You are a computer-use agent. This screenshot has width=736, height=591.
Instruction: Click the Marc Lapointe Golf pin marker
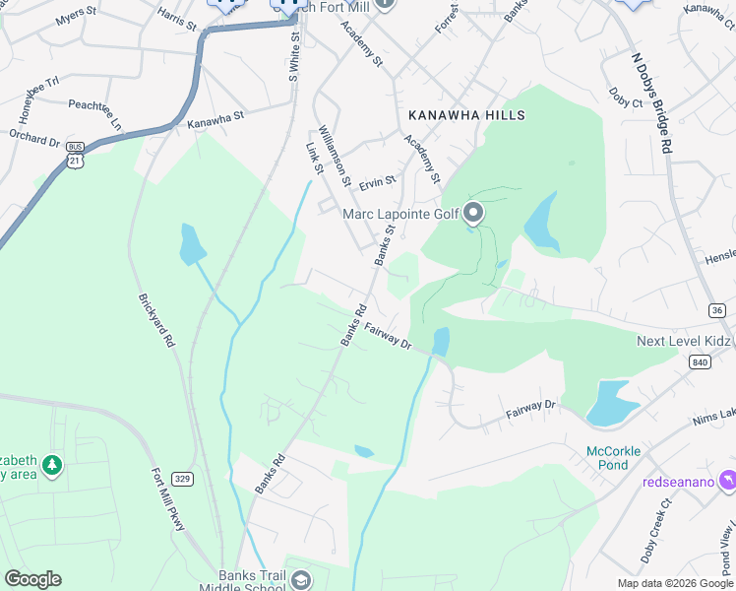pyautogui.click(x=473, y=213)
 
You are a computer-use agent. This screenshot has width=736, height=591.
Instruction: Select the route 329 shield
pyautogui.click(x=184, y=479)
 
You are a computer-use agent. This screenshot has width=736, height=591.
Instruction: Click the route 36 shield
pyautogui.click(x=717, y=310)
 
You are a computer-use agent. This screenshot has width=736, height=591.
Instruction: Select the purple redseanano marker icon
pyautogui.click(x=727, y=480)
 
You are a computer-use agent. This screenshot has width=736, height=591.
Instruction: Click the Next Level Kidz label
pyautogui.click(x=683, y=341)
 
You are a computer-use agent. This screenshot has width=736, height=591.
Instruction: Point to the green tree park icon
pyautogui.click(x=51, y=464)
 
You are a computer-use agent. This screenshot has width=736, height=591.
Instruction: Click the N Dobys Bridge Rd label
pyautogui.click(x=651, y=102)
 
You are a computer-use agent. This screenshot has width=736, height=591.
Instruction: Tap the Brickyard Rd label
pyautogui.click(x=156, y=321)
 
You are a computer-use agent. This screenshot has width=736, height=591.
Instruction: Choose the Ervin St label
pyautogui.click(x=377, y=181)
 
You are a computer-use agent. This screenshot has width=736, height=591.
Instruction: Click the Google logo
pyautogui.click(x=32, y=579)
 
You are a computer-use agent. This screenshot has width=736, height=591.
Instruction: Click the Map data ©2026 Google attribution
pyautogui.click(x=675, y=583)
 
